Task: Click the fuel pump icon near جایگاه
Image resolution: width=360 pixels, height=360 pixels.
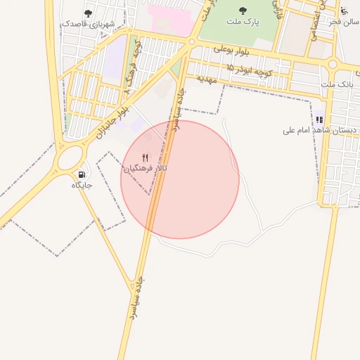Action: click(x=82, y=174)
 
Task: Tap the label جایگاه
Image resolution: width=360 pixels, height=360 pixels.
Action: click(x=82, y=186)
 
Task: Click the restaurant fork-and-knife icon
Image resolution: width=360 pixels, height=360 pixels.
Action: click(x=146, y=157)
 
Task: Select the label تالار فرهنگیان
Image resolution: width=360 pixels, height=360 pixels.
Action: click(x=146, y=169)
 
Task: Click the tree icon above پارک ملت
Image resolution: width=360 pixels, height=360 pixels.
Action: click(x=243, y=11)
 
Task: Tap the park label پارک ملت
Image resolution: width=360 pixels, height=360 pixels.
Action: click(x=243, y=22)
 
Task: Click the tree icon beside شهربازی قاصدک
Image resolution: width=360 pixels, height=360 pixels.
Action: click(x=88, y=13)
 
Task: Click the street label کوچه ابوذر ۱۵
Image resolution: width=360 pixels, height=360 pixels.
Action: click(x=247, y=67)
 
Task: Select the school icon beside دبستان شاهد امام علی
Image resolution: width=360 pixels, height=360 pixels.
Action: click(x=319, y=120)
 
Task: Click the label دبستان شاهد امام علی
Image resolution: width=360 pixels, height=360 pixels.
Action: click(x=320, y=130)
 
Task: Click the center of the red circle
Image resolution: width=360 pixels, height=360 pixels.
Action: click(x=180, y=179)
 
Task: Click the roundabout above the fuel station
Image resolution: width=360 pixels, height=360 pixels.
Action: click(x=70, y=157)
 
